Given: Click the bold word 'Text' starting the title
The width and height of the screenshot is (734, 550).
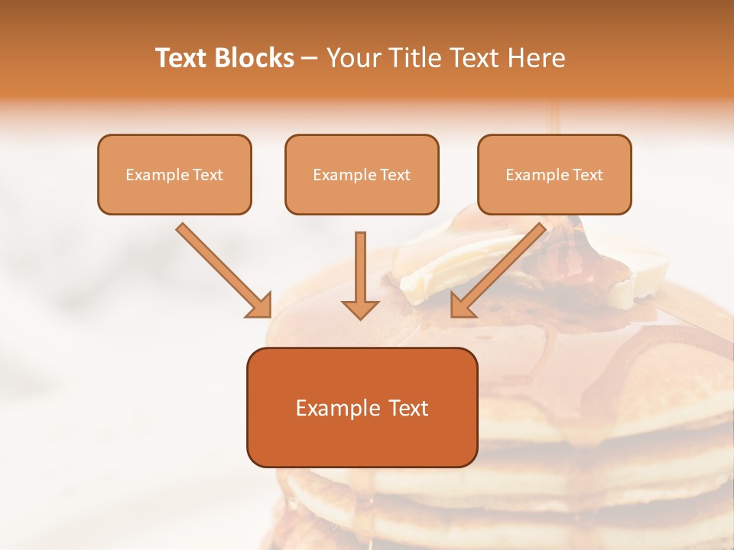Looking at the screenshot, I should [182, 58].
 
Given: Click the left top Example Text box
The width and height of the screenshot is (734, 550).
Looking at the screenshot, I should [174, 174].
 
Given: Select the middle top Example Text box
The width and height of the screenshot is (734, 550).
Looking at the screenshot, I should [362, 174].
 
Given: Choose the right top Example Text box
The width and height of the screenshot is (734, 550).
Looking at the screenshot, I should [554, 174].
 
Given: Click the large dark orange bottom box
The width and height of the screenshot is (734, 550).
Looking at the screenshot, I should [362, 407].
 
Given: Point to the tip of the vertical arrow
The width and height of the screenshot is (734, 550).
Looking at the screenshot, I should [360, 316].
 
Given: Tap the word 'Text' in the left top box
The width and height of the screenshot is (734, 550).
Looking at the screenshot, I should [207, 175].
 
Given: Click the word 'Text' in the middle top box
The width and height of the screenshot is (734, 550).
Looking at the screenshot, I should [395, 175].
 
